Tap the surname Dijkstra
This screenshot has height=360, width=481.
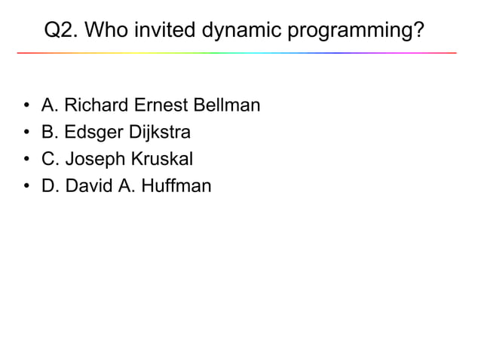pos(158,133)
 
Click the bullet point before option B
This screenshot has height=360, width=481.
pos(26,133)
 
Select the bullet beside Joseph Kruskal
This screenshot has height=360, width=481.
pos(26,160)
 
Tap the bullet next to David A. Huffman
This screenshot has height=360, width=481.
pos(26,186)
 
